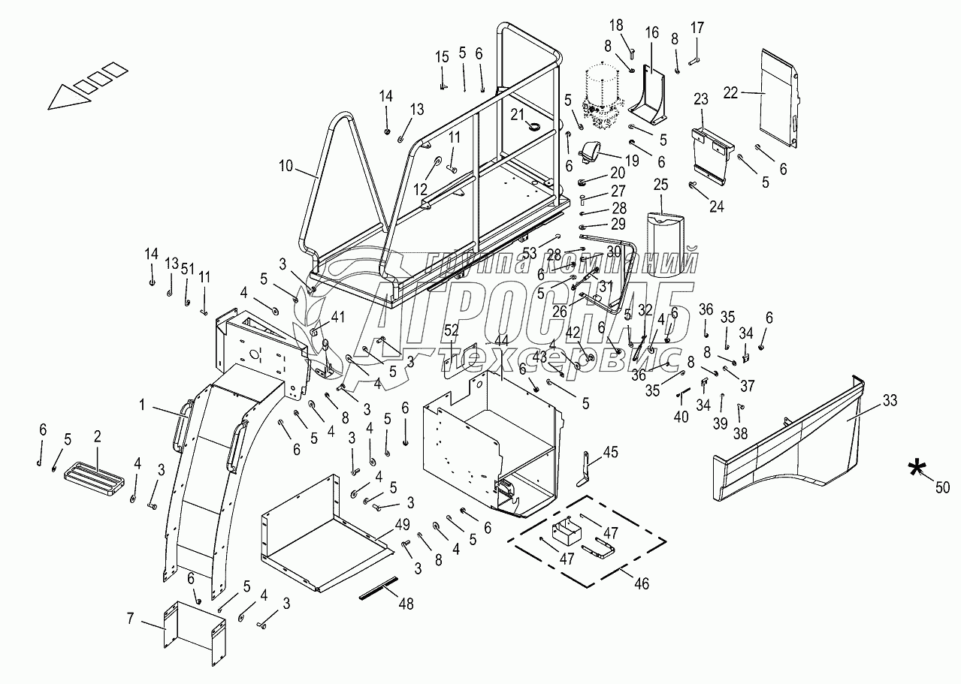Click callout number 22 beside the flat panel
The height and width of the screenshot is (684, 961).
pos(730,92)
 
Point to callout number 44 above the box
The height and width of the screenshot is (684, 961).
pos(501,342)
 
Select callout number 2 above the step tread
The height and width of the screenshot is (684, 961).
pos(97,438)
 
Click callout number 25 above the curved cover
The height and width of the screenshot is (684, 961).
pos(660,184)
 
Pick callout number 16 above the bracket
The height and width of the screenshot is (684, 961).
pos(651,32)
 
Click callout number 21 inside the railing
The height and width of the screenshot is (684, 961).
pos(517,113)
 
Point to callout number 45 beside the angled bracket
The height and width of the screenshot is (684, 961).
pos(610,451)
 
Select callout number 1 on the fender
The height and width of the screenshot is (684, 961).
pos(141,405)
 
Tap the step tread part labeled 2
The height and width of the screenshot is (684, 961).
pos(94,479)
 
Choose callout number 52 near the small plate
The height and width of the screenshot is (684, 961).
pos(452,329)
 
